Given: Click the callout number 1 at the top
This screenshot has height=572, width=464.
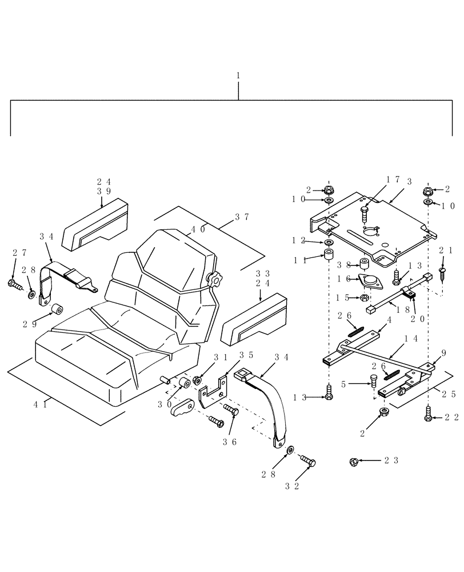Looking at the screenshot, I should click(x=238, y=75).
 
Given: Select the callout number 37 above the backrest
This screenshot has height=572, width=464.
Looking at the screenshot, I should click(x=242, y=217).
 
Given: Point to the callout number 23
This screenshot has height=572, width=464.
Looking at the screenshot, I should click(x=391, y=459).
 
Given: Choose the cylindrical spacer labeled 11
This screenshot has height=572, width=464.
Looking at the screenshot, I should click(x=329, y=254).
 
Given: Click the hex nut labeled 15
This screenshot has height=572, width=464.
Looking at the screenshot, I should click(x=364, y=297).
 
